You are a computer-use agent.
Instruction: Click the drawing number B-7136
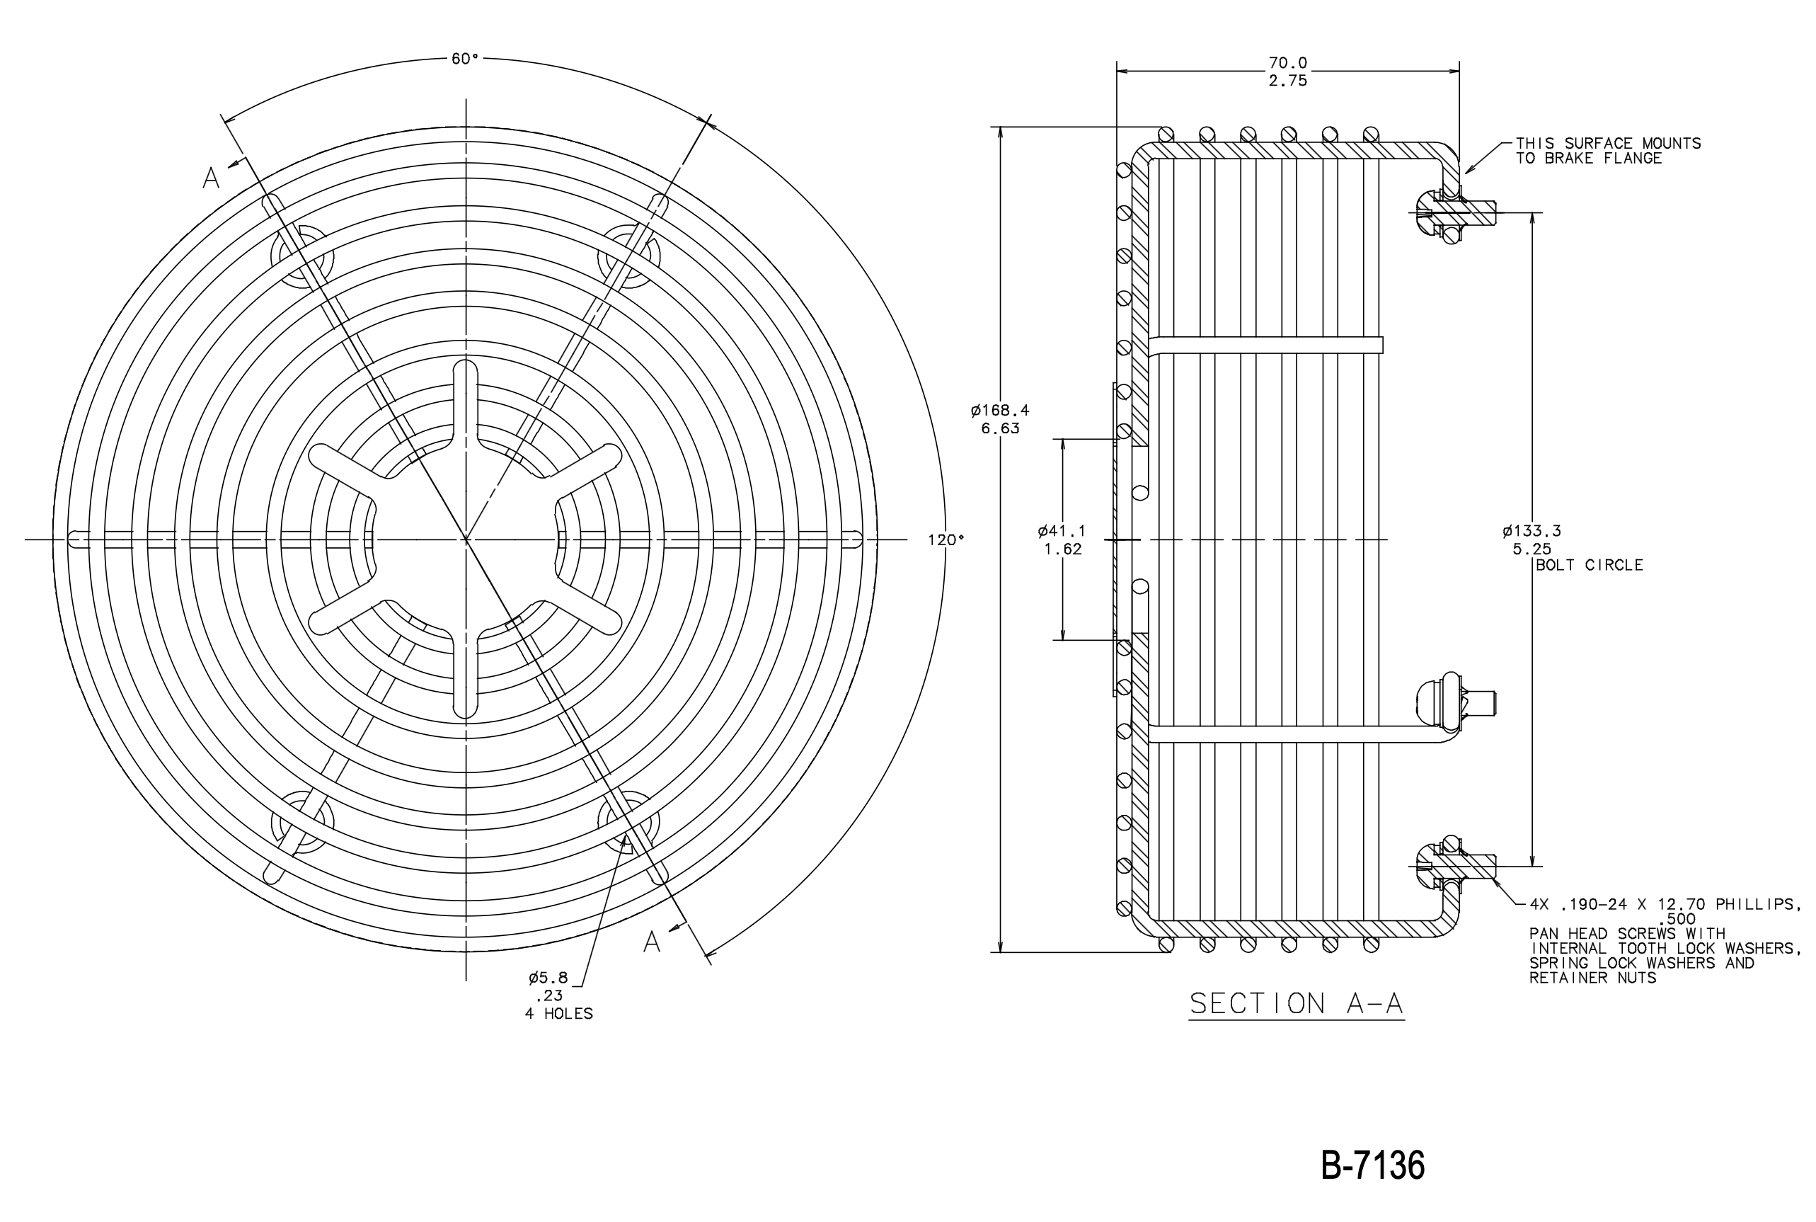coord(1373,1166)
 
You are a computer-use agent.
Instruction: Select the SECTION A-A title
coord(1297,1003)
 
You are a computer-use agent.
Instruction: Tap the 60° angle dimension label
coord(465,59)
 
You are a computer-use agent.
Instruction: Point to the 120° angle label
coord(946,539)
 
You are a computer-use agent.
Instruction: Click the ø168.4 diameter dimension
coord(1000,410)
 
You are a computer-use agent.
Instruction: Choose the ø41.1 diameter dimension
coord(1062,531)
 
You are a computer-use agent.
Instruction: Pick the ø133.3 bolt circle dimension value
coord(1531,531)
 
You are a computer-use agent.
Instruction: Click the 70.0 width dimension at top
coord(1288,62)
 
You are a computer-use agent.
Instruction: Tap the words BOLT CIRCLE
coord(1590,565)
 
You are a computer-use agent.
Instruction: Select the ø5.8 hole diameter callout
coord(548,978)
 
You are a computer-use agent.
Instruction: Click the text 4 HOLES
coord(558,1014)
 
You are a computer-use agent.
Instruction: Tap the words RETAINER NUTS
coord(1592,977)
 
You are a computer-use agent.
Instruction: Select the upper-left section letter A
coord(211,178)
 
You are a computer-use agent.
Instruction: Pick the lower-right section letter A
coord(652,942)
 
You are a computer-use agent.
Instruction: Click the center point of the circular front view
coord(466,539)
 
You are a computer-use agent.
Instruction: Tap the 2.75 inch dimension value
coord(1288,80)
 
